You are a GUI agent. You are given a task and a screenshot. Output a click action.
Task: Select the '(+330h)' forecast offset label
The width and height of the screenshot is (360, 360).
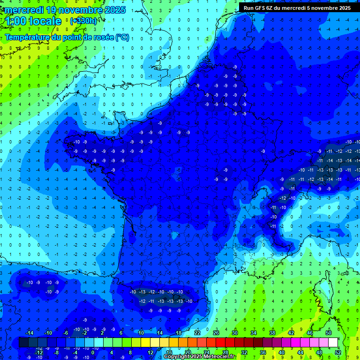pos(83,21)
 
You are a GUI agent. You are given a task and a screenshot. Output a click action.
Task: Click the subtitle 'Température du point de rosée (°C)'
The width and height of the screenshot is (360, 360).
pos(67,37)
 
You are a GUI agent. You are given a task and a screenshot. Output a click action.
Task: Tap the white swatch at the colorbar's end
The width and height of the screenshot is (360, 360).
pos(333,343)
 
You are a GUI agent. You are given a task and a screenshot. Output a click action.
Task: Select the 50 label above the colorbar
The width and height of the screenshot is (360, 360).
pos(329,333)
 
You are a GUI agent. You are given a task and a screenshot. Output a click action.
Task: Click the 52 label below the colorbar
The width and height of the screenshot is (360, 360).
pos(338,352)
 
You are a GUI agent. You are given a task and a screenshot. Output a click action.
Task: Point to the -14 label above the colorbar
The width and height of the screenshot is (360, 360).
pos(29,333)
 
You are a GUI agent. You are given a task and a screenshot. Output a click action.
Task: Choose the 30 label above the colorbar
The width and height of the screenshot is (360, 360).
pos(235,333)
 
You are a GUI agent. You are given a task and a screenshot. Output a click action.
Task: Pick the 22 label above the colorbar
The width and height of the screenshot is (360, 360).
pos(197,333)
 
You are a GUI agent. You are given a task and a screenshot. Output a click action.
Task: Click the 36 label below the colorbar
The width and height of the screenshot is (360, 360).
pos(263,352)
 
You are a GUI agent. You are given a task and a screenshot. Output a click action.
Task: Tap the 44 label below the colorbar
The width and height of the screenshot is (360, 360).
pos(300,352)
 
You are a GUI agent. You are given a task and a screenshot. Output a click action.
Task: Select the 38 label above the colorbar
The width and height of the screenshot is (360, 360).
pos(272,333)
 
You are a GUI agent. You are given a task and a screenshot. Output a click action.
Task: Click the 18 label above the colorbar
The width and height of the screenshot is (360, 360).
pos(179,333)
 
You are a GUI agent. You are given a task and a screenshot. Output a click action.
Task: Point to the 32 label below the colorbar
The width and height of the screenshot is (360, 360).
pos(244,352)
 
